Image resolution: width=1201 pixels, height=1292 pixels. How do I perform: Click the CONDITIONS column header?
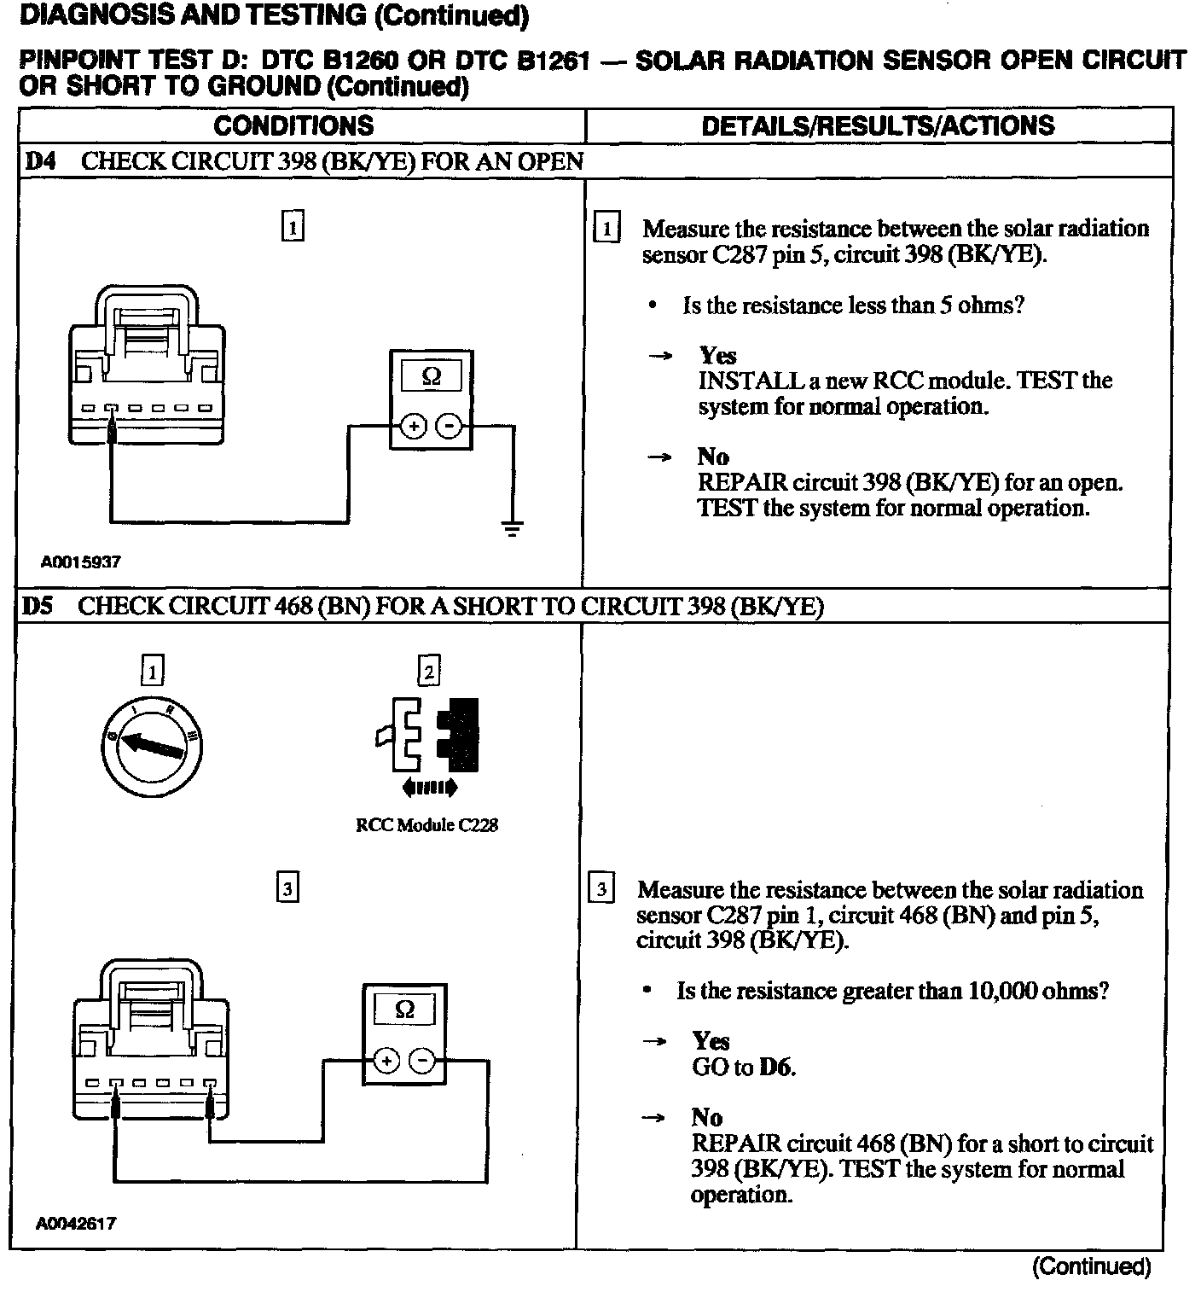(x=293, y=126)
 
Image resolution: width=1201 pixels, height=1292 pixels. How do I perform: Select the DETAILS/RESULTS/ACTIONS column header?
(x=878, y=126)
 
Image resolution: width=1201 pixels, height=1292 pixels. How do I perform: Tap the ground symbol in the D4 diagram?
(x=512, y=528)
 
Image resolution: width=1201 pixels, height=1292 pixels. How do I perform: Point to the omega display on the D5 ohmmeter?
(x=405, y=1010)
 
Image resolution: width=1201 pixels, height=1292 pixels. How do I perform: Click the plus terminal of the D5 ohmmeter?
(x=386, y=1061)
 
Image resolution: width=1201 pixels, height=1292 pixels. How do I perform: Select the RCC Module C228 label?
(x=426, y=825)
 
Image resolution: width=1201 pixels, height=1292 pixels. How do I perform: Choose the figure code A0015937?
(x=81, y=562)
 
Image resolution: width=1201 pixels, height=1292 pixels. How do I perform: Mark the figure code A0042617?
(x=76, y=1223)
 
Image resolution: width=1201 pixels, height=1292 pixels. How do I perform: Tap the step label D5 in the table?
(x=38, y=607)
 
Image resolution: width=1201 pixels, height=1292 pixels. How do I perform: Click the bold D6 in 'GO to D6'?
(x=776, y=1067)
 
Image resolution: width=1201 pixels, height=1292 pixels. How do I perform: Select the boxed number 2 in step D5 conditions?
(x=428, y=671)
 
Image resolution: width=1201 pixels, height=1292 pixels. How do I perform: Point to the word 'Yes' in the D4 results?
(x=717, y=355)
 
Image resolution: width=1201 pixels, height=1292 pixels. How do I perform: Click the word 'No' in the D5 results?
(x=706, y=1118)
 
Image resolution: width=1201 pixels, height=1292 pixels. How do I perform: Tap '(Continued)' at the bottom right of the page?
(x=1091, y=1266)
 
